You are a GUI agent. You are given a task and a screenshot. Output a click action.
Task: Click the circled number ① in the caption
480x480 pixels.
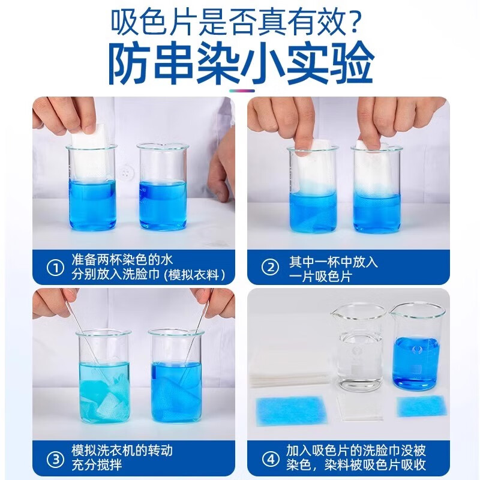click(x=55, y=268)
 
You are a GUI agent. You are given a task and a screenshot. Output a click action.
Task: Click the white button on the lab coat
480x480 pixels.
click(x=126, y=173)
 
